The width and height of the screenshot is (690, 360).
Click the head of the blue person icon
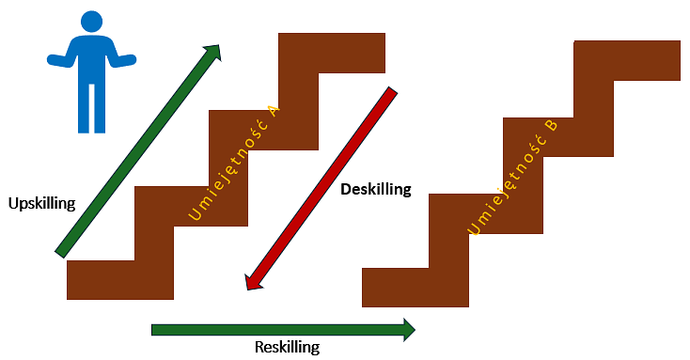pos(91,21)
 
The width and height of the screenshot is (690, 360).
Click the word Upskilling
pos(41,204)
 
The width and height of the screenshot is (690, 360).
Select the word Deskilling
pos(376,189)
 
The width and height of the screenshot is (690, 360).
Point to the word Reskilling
pos(288,347)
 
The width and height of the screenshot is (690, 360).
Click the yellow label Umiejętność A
pos(234,163)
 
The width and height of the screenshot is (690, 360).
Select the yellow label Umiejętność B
pos(512,177)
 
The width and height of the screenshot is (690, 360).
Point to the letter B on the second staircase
pos(552,126)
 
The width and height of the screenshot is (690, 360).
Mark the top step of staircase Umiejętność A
pos(332,53)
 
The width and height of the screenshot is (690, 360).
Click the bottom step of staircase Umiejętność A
pos(120,280)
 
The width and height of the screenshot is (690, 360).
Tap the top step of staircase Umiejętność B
pos(627,61)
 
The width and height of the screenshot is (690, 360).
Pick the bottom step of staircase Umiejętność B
pos(416,288)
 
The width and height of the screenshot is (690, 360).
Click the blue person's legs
pos(91,108)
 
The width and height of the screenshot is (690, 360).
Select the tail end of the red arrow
pos(392,90)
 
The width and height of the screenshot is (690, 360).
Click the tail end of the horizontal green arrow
pos(152,330)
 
